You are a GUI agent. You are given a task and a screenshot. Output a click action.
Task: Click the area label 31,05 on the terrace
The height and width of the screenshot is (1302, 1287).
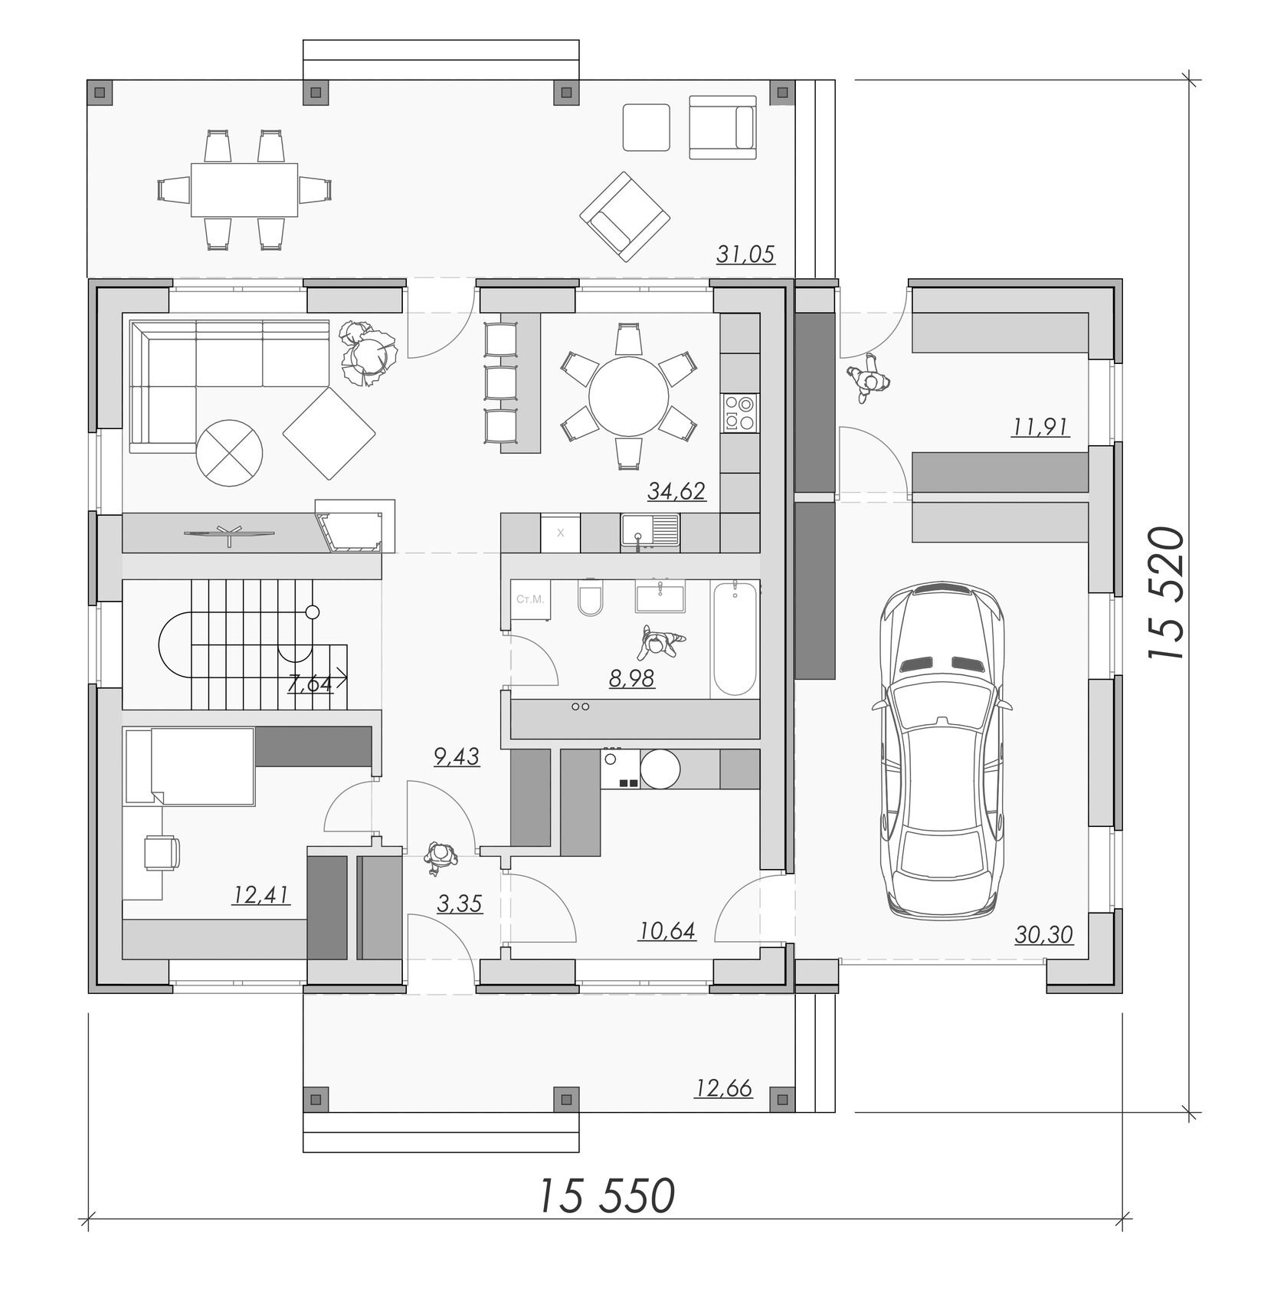coord(745,253)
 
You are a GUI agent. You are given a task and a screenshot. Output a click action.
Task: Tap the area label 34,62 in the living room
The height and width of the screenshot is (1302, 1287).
coord(676,490)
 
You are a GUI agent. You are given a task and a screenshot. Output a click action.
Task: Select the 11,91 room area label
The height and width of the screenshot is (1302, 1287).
coord(1040,426)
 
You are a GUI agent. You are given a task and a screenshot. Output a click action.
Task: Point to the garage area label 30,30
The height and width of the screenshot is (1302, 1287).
coord(1044,933)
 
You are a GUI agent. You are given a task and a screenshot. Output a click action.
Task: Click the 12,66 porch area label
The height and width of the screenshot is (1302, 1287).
coord(723,1087)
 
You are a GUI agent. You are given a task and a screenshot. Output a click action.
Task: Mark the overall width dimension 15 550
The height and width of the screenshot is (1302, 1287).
coord(606,1195)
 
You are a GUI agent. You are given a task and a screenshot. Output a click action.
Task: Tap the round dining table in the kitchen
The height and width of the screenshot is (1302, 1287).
coord(628,396)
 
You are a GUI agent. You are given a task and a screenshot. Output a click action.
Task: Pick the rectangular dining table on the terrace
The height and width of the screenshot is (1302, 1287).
coord(244,190)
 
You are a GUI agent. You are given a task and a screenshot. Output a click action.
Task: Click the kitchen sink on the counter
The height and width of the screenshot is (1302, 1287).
coord(650,532)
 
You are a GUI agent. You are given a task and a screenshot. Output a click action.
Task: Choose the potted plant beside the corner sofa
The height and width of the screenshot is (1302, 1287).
coord(370,353)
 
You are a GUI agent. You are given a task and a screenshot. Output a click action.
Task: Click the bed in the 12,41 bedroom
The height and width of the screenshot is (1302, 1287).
coord(189,766)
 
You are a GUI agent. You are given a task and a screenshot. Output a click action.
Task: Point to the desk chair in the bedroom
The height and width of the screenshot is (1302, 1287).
coord(162,852)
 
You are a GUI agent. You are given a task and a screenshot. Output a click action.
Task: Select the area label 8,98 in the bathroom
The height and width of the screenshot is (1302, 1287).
coord(632,678)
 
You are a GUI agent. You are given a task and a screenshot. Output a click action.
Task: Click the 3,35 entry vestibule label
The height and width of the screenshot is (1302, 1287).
coord(460,904)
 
